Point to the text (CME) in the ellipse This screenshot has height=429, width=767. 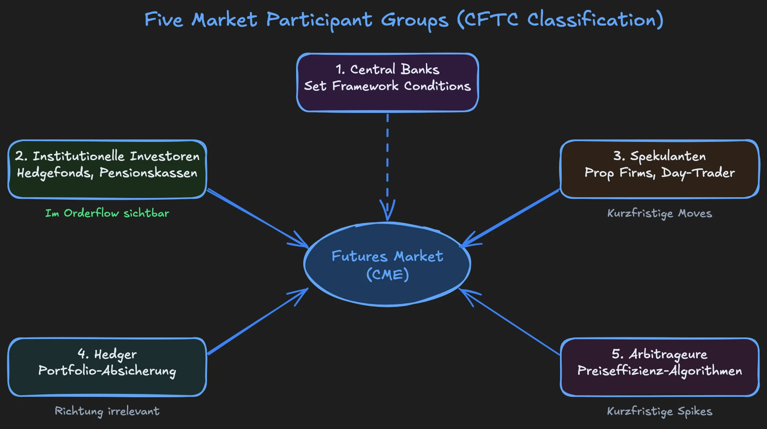pos(387,275)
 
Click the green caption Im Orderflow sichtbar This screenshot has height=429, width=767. pos(107,213)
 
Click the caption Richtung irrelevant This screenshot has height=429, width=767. pos(107,411)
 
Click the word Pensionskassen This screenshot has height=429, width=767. pos(148,173)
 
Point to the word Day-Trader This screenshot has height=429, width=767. pos(698,173)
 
